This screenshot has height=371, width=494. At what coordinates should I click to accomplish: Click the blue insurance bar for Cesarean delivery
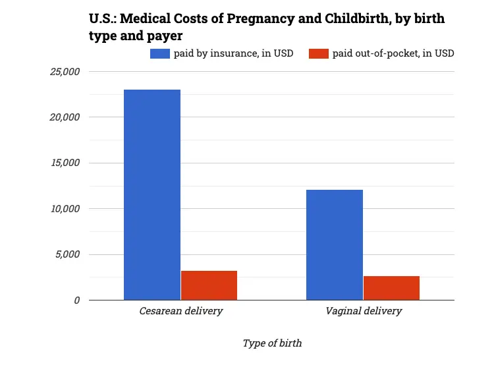click(152, 195)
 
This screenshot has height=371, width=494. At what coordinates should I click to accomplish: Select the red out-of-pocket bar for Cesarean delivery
click(209, 285)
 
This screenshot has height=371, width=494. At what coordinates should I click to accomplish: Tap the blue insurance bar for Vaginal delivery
click(335, 245)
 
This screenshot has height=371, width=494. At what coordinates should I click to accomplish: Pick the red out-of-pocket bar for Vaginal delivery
click(391, 288)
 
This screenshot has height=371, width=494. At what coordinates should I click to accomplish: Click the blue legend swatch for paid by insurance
click(160, 53)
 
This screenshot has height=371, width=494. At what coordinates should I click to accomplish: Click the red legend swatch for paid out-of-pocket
click(319, 53)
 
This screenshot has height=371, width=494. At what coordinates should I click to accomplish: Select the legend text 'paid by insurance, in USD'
click(233, 53)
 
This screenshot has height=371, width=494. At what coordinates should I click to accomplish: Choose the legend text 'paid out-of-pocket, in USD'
click(393, 53)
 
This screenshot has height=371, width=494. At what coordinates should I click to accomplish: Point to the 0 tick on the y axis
click(77, 300)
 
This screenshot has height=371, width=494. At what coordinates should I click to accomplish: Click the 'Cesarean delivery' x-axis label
click(180, 311)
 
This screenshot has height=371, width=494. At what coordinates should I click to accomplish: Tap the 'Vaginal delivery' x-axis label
click(363, 311)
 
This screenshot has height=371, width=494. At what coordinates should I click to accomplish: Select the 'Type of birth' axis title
click(272, 343)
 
